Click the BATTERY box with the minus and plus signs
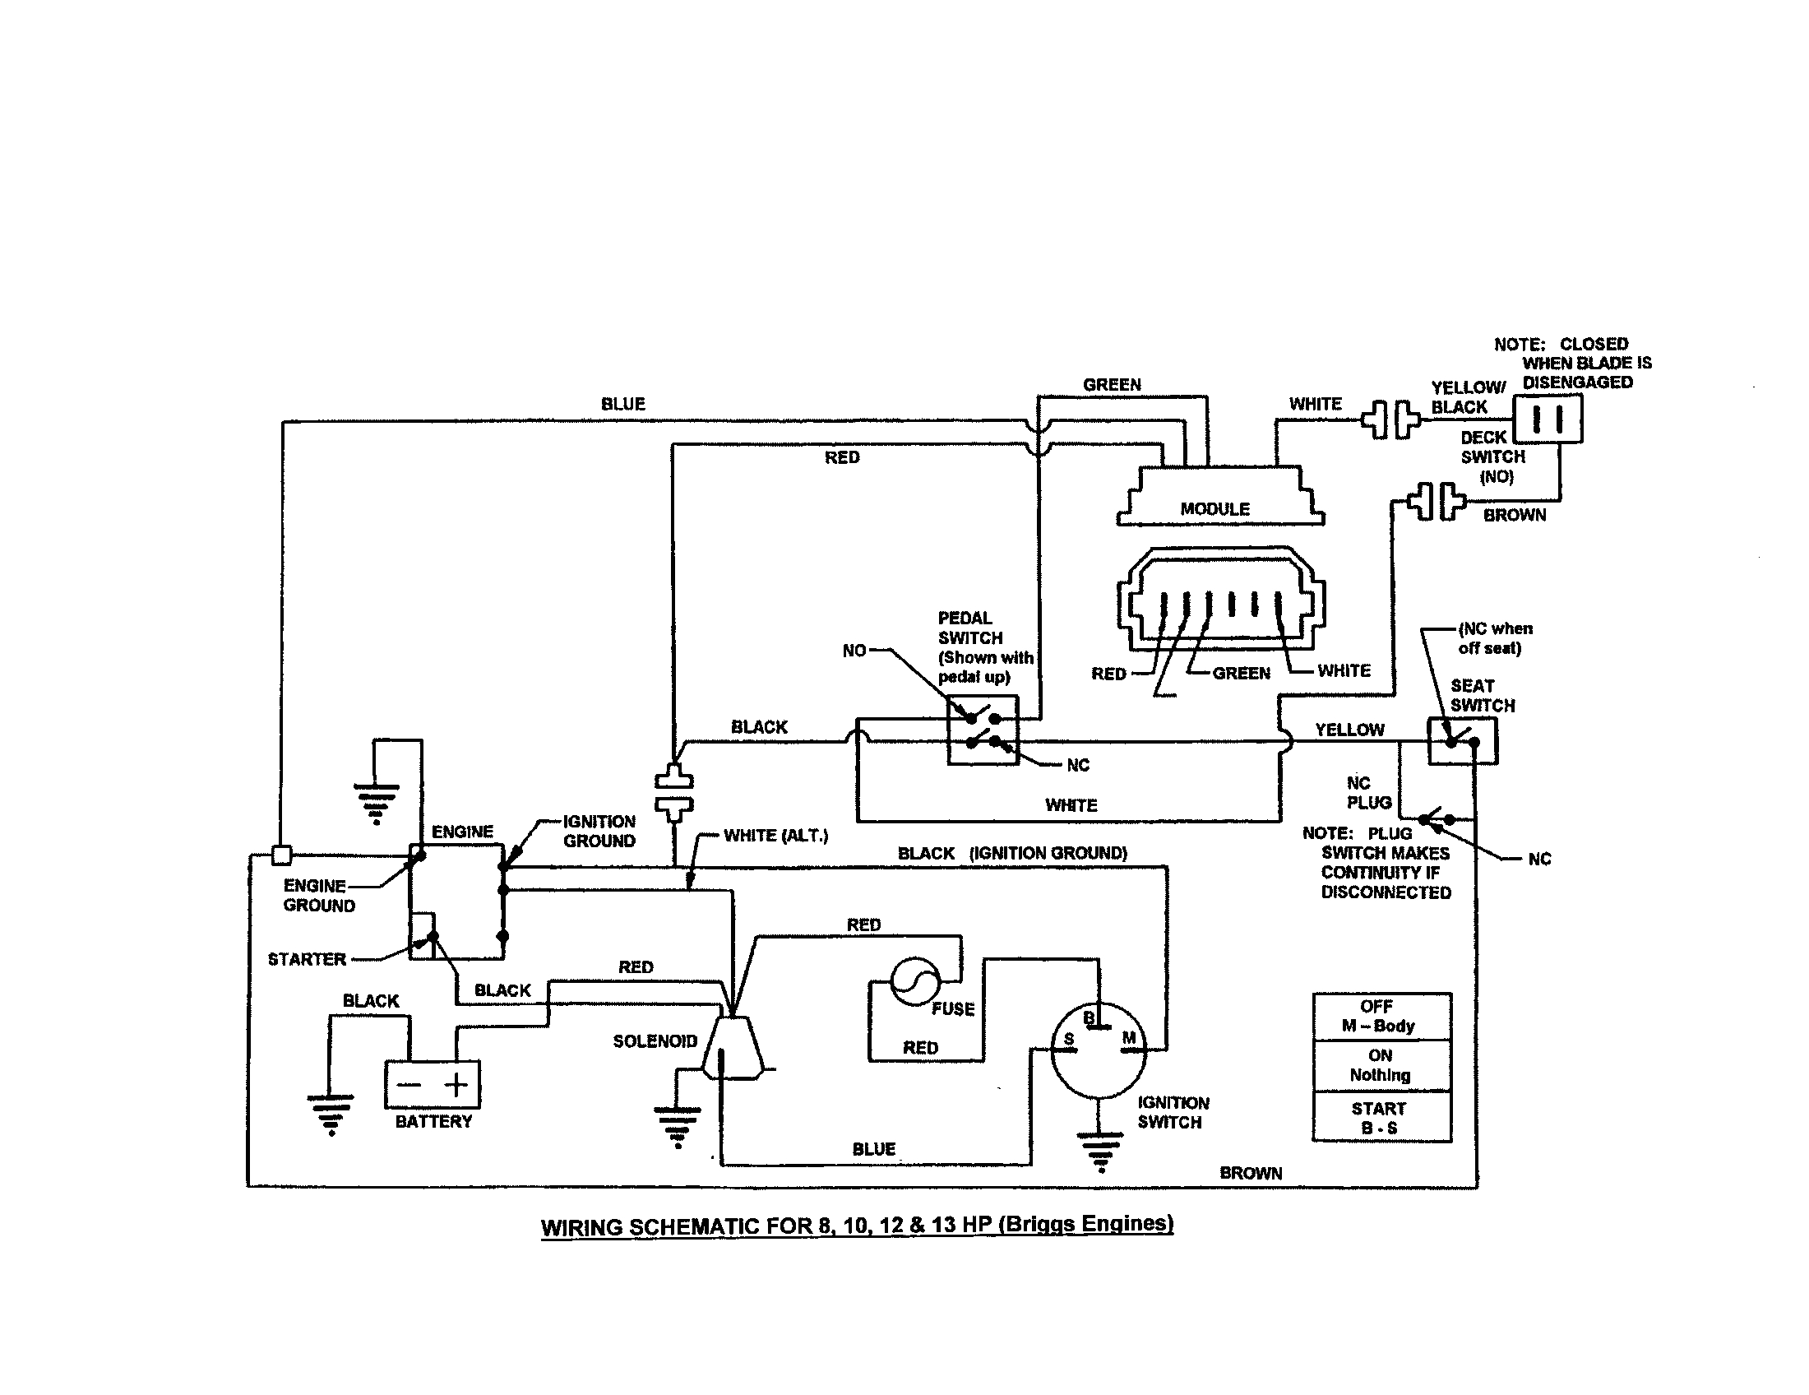[432, 1084]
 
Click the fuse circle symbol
[915, 981]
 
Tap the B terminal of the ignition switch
[1089, 1018]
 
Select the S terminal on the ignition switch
[1068, 1040]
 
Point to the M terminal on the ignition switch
[1129, 1039]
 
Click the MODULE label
[1214, 508]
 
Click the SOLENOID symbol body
[732, 1048]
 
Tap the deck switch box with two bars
[1548, 419]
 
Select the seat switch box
[1462, 740]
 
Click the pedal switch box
[983, 730]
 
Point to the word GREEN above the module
[1112, 384]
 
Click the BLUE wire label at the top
[622, 404]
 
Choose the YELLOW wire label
[1349, 730]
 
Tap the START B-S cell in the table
[1381, 1118]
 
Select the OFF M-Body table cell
[1381, 1017]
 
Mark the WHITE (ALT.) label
[775, 836]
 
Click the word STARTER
[307, 959]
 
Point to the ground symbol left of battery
[331, 1113]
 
